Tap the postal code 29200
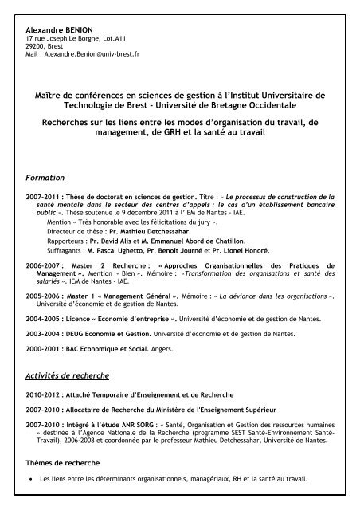[x=35, y=48]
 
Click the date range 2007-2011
[x=42, y=196]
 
